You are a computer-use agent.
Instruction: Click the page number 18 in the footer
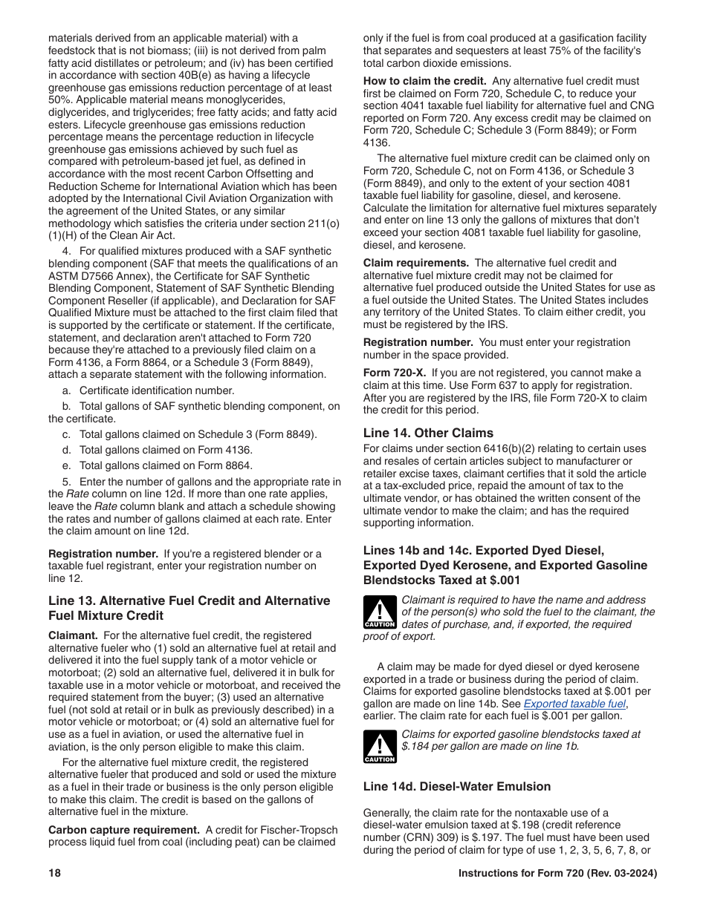[54, 874]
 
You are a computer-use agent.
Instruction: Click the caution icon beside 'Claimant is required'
[379, 612]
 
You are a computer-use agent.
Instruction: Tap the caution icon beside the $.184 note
[379, 747]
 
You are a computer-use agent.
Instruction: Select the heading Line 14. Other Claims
[428, 433]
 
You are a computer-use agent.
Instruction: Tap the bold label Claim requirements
[416, 263]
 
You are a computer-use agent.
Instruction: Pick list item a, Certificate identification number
[156, 390]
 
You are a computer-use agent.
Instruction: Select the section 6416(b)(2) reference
[477, 448]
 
